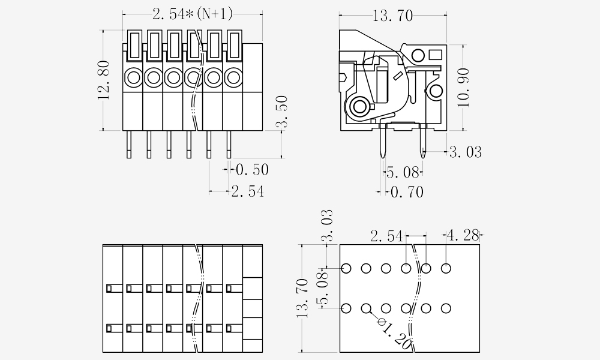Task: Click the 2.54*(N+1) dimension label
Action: (192, 14)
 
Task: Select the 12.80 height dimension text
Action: (104, 80)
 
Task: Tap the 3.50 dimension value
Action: (281, 112)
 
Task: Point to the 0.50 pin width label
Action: (251, 170)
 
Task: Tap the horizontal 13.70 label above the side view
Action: (392, 16)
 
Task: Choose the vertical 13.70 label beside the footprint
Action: (302, 297)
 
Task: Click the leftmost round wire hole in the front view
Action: (133, 77)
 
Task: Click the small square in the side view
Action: (436, 57)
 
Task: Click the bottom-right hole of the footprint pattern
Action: (446, 308)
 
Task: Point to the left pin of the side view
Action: (383, 143)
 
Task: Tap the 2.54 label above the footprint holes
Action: (386, 236)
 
